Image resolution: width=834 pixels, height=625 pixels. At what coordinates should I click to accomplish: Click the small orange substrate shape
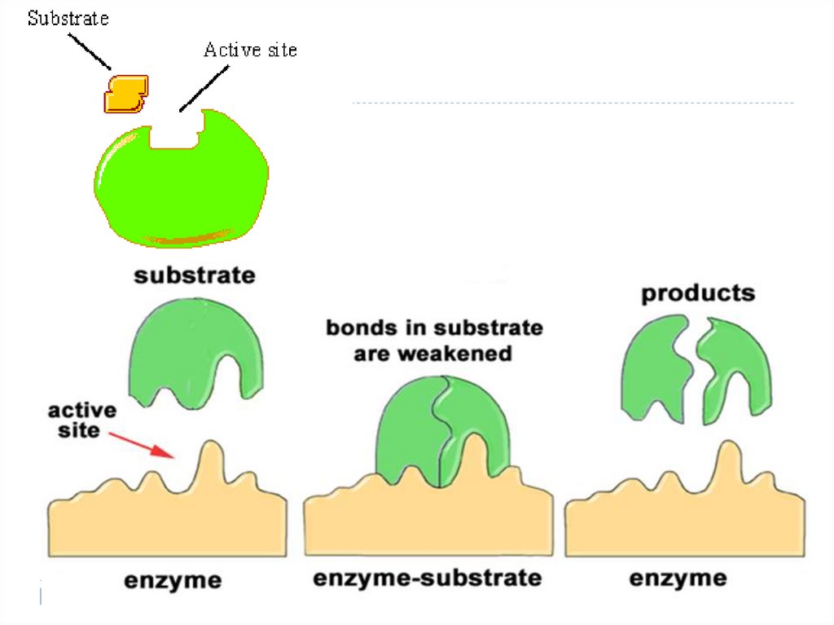click(x=125, y=93)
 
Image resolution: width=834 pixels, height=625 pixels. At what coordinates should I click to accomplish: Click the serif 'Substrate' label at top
click(x=68, y=18)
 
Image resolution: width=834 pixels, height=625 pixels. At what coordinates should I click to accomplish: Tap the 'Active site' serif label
click(x=250, y=51)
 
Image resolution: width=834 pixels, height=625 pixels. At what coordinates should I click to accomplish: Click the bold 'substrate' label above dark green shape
click(x=194, y=275)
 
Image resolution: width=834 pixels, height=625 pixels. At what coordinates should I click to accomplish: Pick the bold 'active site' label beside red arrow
click(x=81, y=420)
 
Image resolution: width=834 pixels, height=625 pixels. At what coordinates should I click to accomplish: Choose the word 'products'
click(x=698, y=293)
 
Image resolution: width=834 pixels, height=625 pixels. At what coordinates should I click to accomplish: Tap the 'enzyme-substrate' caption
click(x=428, y=579)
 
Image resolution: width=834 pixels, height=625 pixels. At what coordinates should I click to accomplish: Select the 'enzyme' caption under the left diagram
click(x=172, y=580)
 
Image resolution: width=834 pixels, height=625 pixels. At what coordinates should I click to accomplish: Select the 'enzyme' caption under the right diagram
click(x=678, y=579)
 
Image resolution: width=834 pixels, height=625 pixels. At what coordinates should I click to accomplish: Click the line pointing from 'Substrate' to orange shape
click(x=90, y=50)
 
